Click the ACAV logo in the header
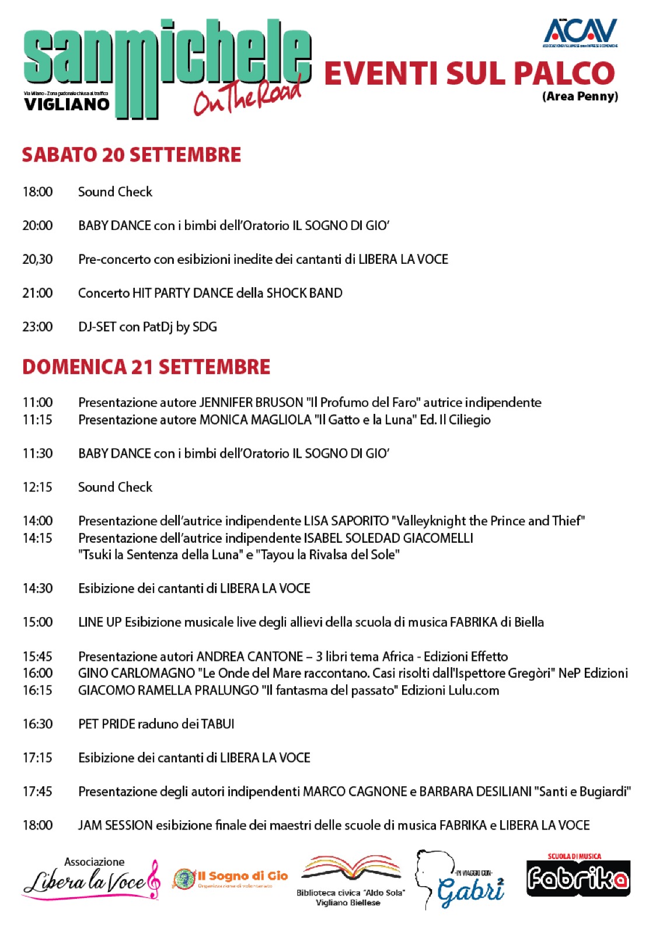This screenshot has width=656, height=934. (x=580, y=32)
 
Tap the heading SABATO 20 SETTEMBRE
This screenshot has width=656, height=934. (x=131, y=155)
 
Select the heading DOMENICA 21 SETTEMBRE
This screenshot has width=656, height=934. (x=146, y=367)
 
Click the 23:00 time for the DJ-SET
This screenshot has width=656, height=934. (x=37, y=327)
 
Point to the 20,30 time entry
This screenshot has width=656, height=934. (x=37, y=259)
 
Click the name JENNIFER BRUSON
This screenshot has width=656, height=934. (x=251, y=402)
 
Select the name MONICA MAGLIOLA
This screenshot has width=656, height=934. (x=255, y=420)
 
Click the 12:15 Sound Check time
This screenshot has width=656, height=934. (x=37, y=487)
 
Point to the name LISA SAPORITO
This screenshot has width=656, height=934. (x=346, y=521)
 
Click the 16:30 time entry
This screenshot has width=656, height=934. (x=37, y=724)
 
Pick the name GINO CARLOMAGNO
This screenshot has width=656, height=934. (x=136, y=673)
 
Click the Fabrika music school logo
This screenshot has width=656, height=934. (x=578, y=877)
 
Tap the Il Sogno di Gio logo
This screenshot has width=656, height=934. (x=231, y=878)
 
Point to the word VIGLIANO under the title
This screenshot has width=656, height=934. (x=67, y=104)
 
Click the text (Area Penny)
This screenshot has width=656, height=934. (x=580, y=96)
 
